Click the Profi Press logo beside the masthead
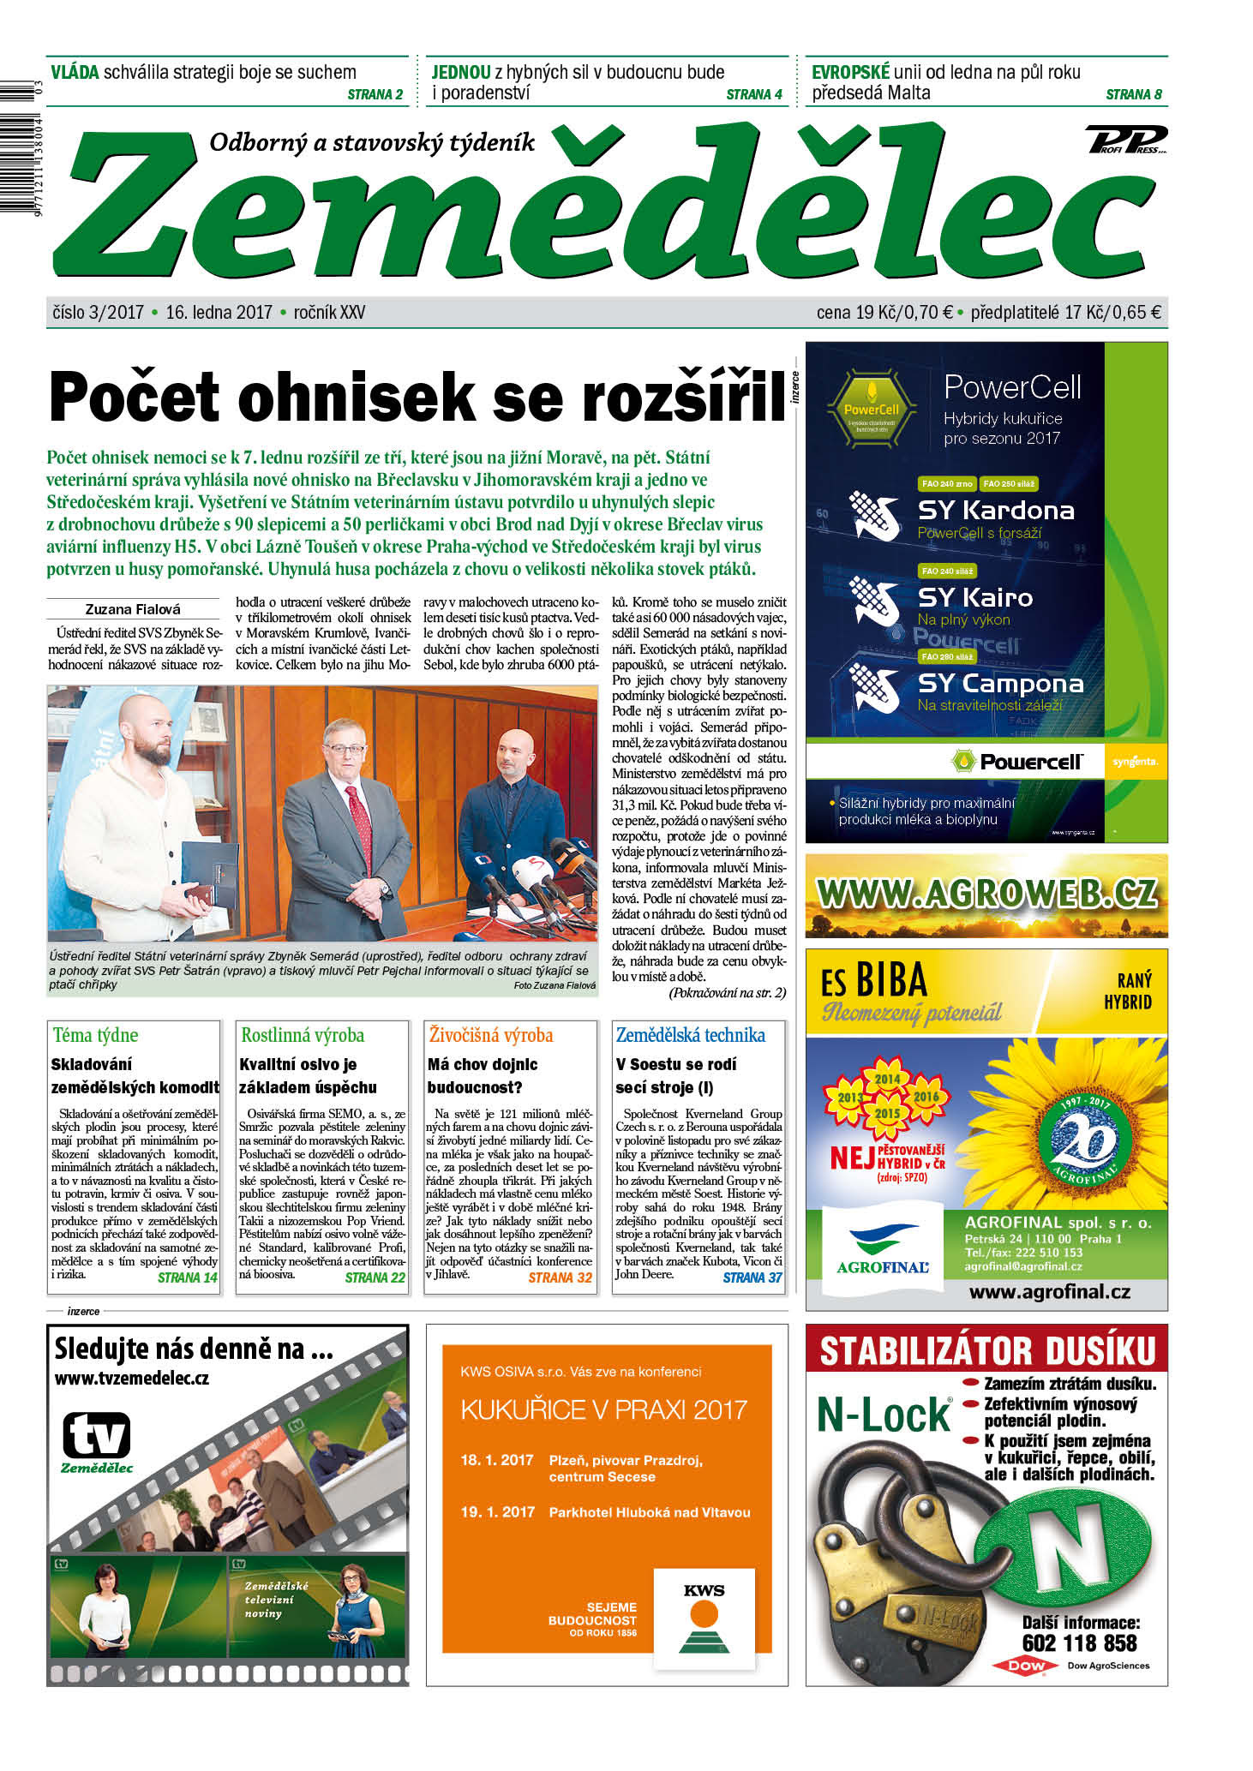pyautogui.click(x=1126, y=139)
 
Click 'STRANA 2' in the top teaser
pyautogui.click(x=375, y=94)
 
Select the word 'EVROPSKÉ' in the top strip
pyautogui.click(x=850, y=72)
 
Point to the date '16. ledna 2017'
pyautogui.click(x=219, y=313)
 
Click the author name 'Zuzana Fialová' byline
pyautogui.click(x=133, y=609)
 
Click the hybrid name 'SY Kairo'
pyautogui.click(x=974, y=597)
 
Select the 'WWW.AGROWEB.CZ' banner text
pyautogui.click(x=986, y=894)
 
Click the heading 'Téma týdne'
pyautogui.click(x=95, y=1035)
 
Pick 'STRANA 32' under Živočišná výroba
pyautogui.click(x=560, y=1277)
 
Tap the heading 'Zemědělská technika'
pyautogui.click(x=690, y=1035)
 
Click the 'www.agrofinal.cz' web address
pyautogui.click(x=1049, y=1292)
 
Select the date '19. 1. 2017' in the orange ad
pyautogui.click(x=497, y=1512)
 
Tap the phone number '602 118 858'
pyautogui.click(x=1079, y=1642)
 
